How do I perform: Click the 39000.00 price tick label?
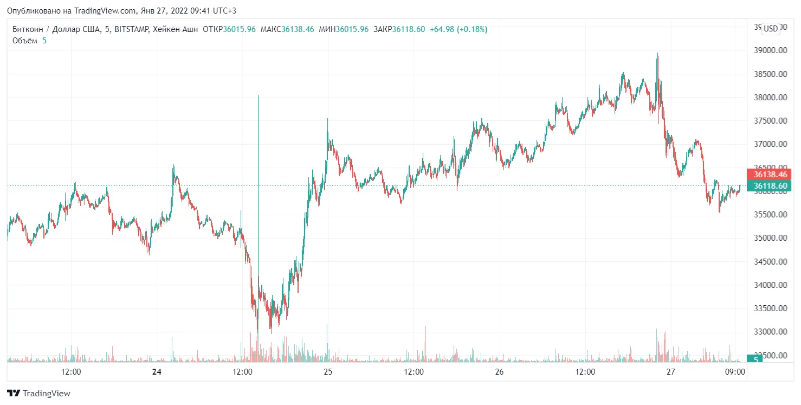pos(771,50)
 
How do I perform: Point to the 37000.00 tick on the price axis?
pos(771,144)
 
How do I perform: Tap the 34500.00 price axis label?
pos(771,261)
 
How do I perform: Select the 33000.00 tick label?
pos(771,332)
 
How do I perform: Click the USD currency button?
pos(770,29)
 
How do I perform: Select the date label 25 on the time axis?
pos(328,372)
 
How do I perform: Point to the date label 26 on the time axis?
pos(500,372)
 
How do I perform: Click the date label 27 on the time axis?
pos(671,372)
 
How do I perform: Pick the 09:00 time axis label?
pos(735,372)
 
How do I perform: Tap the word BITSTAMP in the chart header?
pos(132,29)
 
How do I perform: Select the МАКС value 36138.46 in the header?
pos(298,29)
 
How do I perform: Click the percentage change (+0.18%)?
pos(473,29)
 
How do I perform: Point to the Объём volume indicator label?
pos(25,41)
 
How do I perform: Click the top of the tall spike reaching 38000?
pos(258,96)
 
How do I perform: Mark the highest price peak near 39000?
pos(657,54)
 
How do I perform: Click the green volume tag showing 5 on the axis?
pos(754,358)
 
